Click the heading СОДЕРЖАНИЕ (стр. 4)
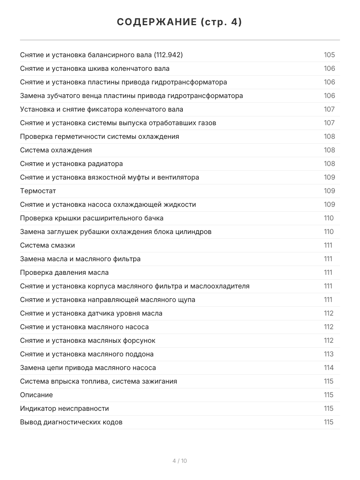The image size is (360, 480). coord(180,22)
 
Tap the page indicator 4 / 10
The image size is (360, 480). coord(180,461)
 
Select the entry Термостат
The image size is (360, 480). coord(38,191)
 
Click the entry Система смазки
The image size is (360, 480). coord(47,245)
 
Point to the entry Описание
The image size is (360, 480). coord(36,395)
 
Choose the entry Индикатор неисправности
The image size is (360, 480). coord(64,408)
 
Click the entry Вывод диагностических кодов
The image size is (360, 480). coord(71,422)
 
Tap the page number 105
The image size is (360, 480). coord(329,55)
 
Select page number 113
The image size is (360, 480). coord(328,354)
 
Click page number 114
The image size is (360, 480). coord(328,368)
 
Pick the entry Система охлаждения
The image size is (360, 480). coord(56,150)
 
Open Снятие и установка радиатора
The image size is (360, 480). coord(72,164)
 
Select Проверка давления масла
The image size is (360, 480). coord(64,272)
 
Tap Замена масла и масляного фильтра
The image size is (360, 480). coord(80,259)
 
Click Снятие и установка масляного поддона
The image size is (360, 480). coord(87,354)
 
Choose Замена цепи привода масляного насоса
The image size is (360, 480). coord(88,368)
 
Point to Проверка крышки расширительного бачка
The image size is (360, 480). coord(92,218)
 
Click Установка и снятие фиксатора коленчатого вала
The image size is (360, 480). coord(102,109)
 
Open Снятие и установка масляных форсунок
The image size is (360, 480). coord(88,340)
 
